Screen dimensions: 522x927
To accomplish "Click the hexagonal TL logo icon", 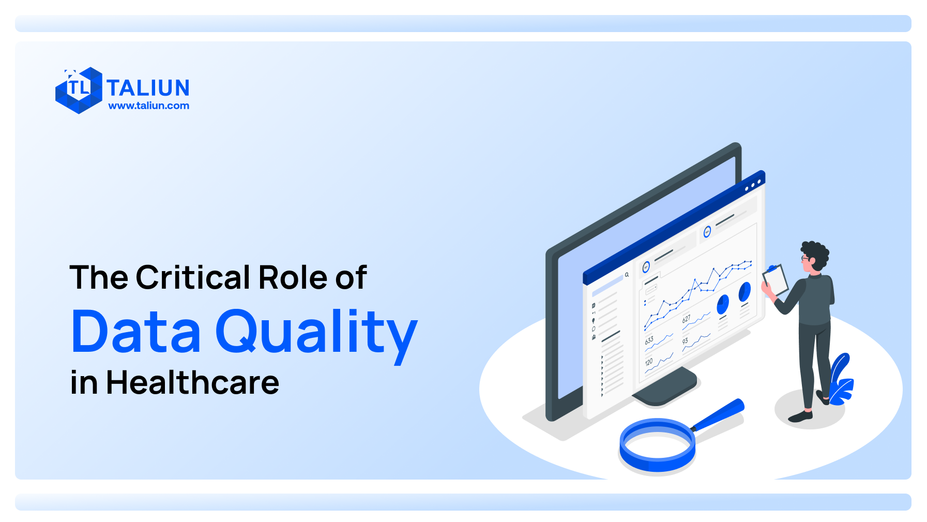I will pyautogui.click(x=79, y=90).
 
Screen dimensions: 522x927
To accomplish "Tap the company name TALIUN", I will pyautogui.click(x=148, y=88).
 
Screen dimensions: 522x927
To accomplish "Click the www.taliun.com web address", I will pyautogui.click(x=148, y=106).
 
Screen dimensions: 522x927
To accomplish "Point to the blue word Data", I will pyautogui.click(x=135, y=332).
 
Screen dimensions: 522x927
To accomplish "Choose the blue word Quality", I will pyautogui.click(x=316, y=334).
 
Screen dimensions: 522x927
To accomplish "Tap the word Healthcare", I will pyautogui.click(x=192, y=383).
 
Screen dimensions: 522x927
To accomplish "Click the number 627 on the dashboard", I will pyautogui.click(x=686, y=319).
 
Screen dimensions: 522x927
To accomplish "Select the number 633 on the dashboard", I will pyautogui.click(x=649, y=340).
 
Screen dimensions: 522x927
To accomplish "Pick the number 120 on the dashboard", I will pyautogui.click(x=649, y=362).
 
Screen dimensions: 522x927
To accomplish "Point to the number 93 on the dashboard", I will pyautogui.click(x=685, y=341).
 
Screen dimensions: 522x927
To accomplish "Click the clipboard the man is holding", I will pyautogui.click(x=775, y=280).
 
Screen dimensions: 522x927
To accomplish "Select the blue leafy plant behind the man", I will pyautogui.click(x=840, y=380).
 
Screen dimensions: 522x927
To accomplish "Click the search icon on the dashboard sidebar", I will pyautogui.click(x=627, y=275).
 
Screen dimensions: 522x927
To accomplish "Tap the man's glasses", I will pyautogui.click(x=804, y=258).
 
